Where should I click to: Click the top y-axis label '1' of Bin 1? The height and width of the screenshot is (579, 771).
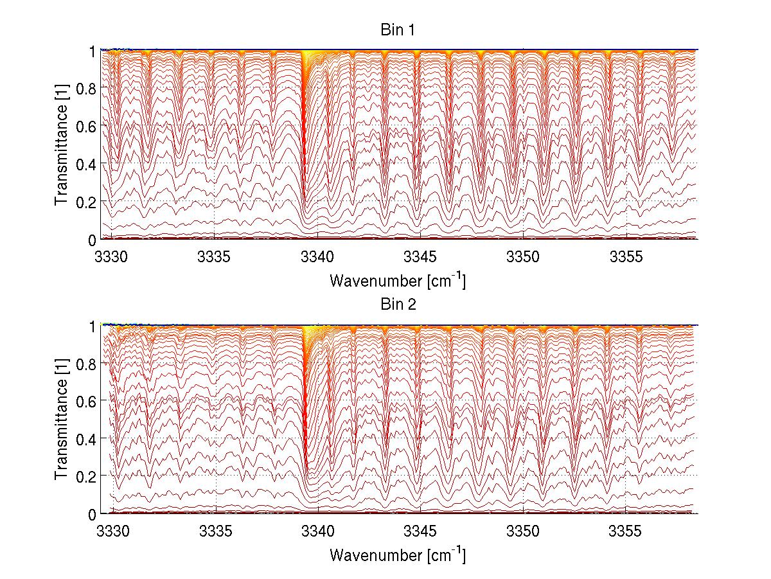(x=93, y=51)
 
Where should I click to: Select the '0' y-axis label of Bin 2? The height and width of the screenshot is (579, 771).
(x=92, y=514)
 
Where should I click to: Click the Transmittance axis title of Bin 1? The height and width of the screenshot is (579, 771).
(x=61, y=145)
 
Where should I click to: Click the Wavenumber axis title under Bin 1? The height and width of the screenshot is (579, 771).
(x=398, y=280)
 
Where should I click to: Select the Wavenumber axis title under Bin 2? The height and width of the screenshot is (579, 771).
(x=398, y=554)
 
